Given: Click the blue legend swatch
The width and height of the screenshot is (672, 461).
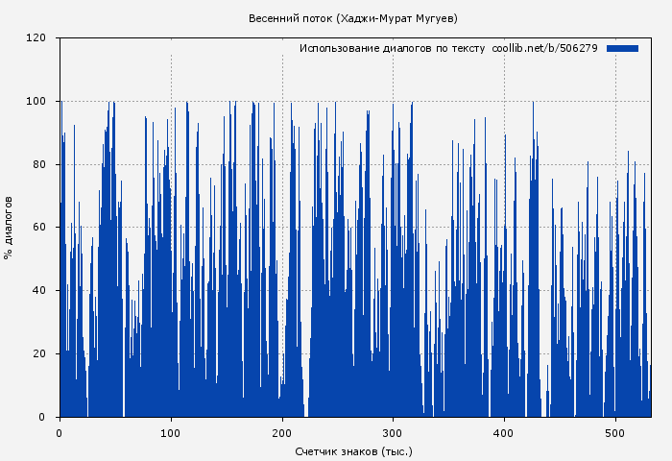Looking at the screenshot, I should click(x=622, y=48).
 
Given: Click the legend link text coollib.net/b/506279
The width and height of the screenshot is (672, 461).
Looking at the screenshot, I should click(x=544, y=48).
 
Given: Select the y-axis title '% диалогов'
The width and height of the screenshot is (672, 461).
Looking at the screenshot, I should click(x=9, y=228).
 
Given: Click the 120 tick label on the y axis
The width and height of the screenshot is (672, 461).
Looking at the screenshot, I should click(x=36, y=38).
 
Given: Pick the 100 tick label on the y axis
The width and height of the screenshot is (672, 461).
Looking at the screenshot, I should click(x=36, y=102).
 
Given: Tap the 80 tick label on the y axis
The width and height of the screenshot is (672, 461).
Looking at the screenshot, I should click(x=39, y=164).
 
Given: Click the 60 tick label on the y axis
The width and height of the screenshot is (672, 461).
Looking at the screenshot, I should click(x=39, y=228).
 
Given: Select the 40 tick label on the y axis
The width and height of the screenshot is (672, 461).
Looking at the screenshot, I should click(x=39, y=291).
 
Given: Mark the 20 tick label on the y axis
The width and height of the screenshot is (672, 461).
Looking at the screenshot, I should click(x=39, y=354).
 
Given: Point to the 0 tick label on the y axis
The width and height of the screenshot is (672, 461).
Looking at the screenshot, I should click(x=42, y=417).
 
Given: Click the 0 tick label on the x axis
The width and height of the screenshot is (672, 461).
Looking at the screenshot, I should click(x=60, y=432).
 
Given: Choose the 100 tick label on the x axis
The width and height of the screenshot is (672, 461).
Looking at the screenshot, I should click(x=171, y=432).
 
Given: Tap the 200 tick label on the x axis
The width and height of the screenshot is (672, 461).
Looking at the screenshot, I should click(x=282, y=432).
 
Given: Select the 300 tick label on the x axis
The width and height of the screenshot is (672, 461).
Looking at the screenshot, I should click(x=393, y=432).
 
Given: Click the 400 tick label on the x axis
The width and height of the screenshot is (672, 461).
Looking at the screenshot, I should click(x=504, y=432).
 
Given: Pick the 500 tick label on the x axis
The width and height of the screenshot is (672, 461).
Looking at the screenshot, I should click(x=615, y=432).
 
